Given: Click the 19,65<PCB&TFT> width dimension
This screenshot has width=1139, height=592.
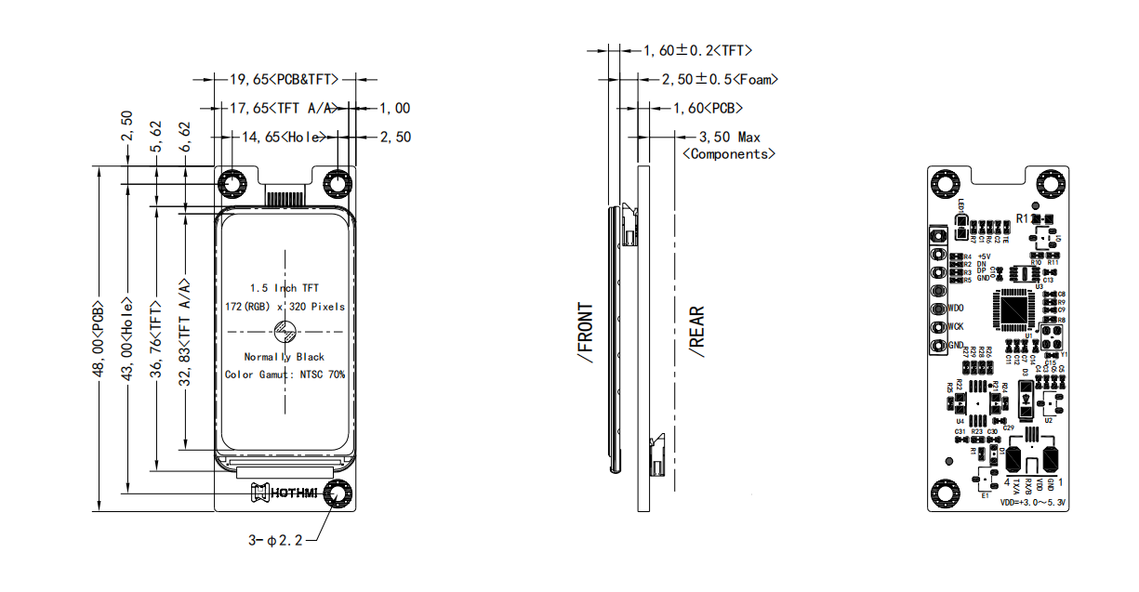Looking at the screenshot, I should click(285, 80).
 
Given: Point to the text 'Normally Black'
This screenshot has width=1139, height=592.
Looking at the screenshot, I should click(285, 357).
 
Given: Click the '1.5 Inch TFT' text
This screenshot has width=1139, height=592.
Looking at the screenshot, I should click(285, 288).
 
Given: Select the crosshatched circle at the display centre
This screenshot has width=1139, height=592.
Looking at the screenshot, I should click(285, 331).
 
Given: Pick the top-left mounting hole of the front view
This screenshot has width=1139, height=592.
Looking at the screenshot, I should click(231, 186).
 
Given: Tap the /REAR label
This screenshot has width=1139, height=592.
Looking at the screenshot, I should click(696, 332).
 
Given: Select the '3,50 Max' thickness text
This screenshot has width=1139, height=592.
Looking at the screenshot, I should click(729, 137).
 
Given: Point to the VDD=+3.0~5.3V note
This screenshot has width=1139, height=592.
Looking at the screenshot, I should click(1032, 502).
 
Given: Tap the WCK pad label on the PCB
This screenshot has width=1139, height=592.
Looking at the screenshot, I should click(956, 326).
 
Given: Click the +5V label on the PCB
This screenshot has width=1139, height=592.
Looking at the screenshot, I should click(984, 256).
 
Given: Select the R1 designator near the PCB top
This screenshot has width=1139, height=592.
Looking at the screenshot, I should click(1022, 217).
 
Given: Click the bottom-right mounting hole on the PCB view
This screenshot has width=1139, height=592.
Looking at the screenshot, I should click(1049, 490).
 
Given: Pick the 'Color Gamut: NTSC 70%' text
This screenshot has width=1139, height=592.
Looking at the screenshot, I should click(285, 375).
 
